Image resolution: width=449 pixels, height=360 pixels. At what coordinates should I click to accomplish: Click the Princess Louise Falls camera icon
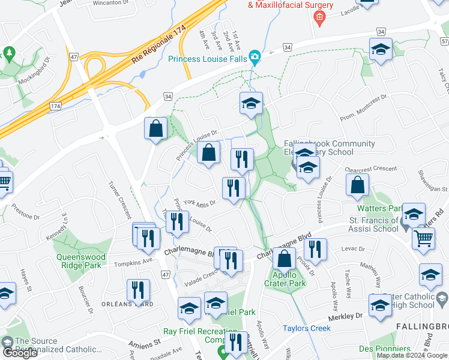coord(255,58)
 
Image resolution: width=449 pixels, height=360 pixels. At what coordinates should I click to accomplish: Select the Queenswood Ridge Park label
coord(81,260)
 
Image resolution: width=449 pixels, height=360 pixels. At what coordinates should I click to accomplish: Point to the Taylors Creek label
coord(307,328)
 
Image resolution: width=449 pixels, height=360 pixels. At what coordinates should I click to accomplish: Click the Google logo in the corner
coord(20,353)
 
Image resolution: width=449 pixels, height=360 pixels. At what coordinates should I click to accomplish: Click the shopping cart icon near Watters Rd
coord(423,239)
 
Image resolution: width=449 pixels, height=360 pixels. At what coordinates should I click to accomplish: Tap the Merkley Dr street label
coord(346,316)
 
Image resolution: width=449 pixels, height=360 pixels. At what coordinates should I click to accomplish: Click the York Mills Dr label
coord(199,203)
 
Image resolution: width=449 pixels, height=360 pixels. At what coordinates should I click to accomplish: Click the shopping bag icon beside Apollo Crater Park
coord(284,259)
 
